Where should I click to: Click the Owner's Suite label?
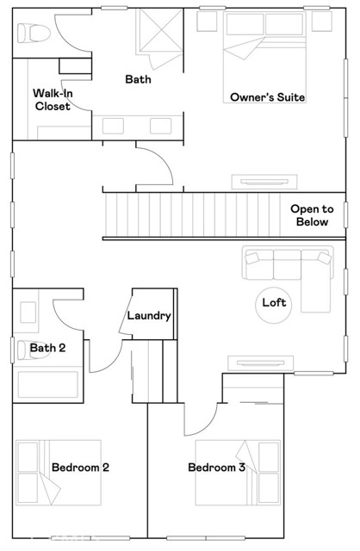[268, 97]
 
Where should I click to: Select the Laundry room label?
[150, 316]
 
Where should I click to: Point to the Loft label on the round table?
[274, 303]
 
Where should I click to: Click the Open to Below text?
[311, 215]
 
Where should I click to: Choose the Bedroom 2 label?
[80, 467]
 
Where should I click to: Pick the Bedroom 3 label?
[217, 467]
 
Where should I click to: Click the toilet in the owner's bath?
[30, 33]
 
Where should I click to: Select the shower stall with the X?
[158, 34]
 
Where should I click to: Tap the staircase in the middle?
[194, 215]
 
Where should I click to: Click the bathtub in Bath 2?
[49, 381]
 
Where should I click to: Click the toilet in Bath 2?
[26, 349]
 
